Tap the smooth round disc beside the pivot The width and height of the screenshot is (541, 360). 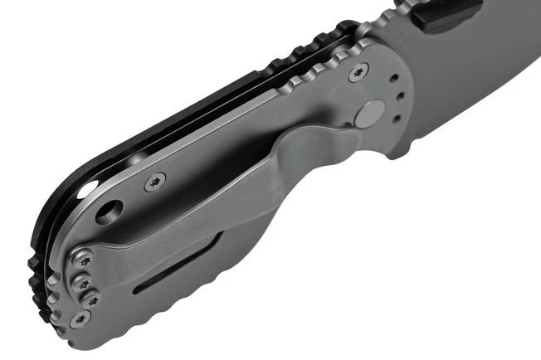coord(369,113)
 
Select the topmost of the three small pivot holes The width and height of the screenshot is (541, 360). coord(394,80)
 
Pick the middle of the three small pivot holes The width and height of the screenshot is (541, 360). coord(399,95)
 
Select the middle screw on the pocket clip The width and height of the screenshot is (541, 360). coord(83,281)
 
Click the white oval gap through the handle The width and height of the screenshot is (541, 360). coord(88,191)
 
